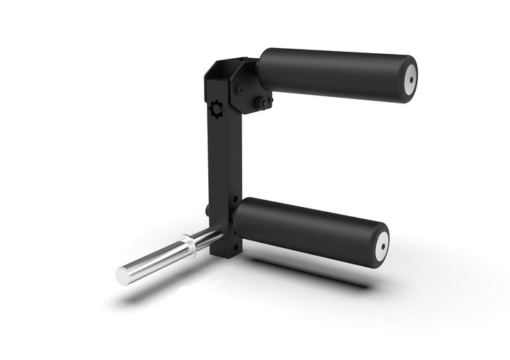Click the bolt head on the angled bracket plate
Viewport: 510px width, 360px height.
239,89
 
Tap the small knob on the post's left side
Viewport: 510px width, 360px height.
206,210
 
